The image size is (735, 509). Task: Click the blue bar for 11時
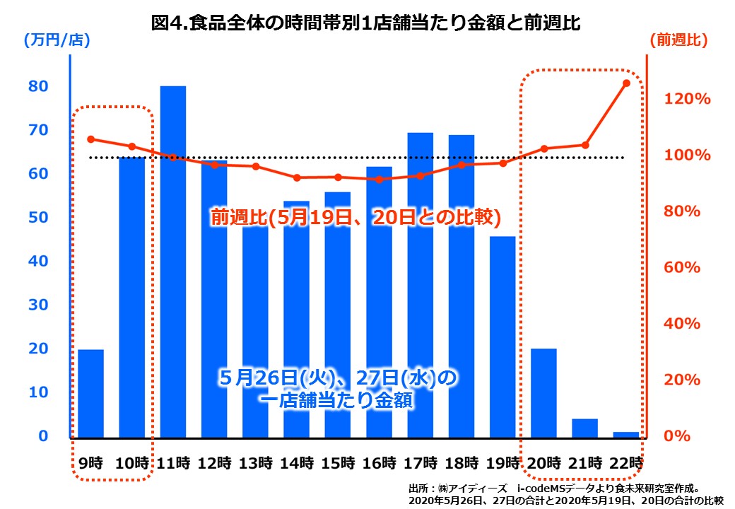(x=172, y=262)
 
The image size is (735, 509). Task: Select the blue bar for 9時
(x=90, y=392)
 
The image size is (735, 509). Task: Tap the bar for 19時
(x=502, y=336)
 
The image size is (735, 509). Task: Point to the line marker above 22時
(x=625, y=83)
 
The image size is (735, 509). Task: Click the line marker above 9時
(x=90, y=139)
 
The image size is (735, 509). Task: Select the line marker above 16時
(x=379, y=180)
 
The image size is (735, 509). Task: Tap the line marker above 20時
(x=544, y=148)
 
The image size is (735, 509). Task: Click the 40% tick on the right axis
(x=684, y=324)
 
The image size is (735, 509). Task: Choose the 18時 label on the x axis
(x=461, y=464)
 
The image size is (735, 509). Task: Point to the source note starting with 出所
(x=565, y=494)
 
